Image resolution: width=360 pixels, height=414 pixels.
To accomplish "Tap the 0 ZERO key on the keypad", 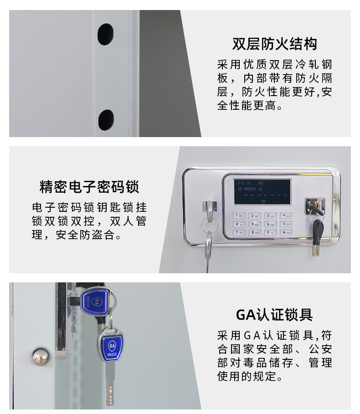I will (x=285, y=224).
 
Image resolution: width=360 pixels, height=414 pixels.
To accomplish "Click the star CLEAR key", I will (x=285, y=215).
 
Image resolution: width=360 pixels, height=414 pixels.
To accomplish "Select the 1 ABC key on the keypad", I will (x=239, y=215).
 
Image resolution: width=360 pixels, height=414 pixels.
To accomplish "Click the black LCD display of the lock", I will (x=262, y=191).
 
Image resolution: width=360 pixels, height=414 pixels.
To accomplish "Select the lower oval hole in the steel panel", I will (x=106, y=119).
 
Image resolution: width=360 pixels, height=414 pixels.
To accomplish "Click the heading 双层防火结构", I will (x=274, y=44).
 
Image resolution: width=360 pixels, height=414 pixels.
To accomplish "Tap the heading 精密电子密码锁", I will (x=89, y=187).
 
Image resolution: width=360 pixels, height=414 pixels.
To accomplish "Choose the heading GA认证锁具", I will (x=274, y=315).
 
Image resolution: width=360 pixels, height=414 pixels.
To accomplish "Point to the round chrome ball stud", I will (x=40, y=355).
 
